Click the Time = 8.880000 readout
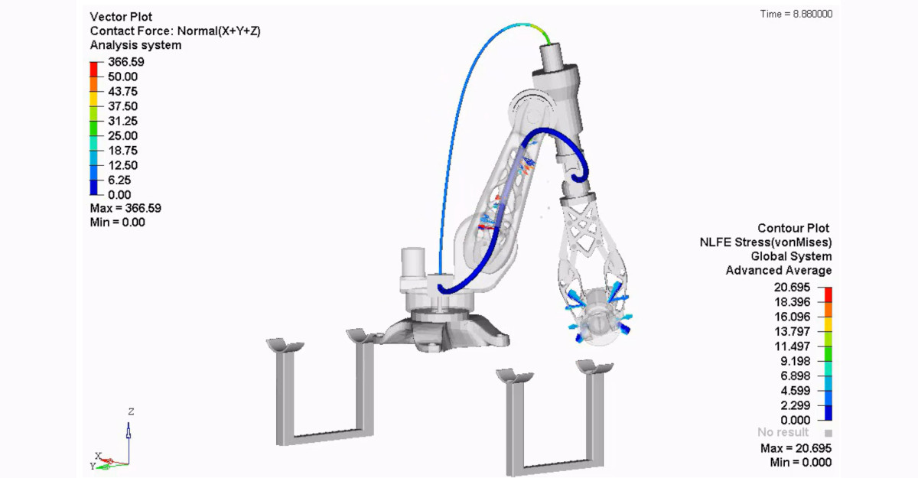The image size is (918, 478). pos(796,14)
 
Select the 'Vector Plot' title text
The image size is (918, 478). pos(121,17)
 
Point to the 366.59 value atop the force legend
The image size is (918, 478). pos(125,62)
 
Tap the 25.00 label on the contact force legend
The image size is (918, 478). pos(122,135)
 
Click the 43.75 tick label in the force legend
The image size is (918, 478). pos(122,91)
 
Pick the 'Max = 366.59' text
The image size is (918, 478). pos(125,208)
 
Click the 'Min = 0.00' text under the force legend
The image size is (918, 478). pos(117,223)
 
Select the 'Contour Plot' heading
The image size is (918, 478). pos(793,228)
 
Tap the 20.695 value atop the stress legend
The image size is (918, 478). pos(792,287)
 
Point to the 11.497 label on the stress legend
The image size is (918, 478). pos(792,346)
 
